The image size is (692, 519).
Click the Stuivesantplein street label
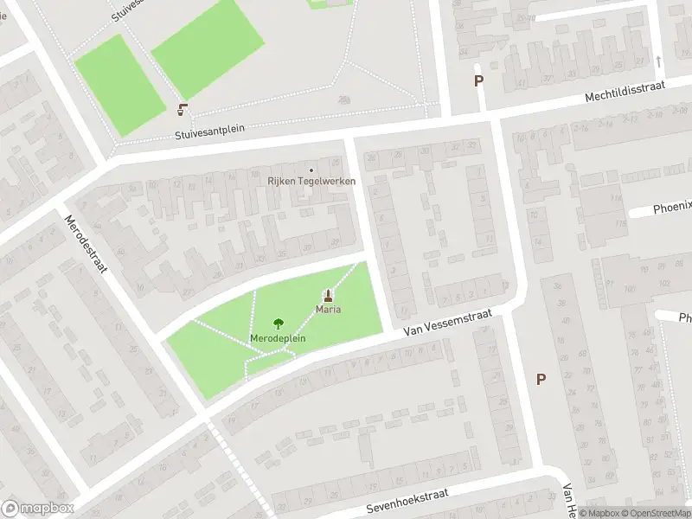click(x=209, y=131)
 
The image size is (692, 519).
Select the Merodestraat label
click(x=86, y=244)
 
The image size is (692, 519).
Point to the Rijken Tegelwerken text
click(x=311, y=181)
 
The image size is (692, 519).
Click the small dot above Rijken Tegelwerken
click(x=311, y=169)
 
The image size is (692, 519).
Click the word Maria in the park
click(x=328, y=310)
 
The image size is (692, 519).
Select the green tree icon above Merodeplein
click(x=278, y=324)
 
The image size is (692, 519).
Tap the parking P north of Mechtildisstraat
click(x=478, y=81)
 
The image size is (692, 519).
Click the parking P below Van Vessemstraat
click(x=541, y=379)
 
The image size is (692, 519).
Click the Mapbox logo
click(x=38, y=509)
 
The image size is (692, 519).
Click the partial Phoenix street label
click(x=672, y=207)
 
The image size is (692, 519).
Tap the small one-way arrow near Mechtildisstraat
click(x=658, y=61)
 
